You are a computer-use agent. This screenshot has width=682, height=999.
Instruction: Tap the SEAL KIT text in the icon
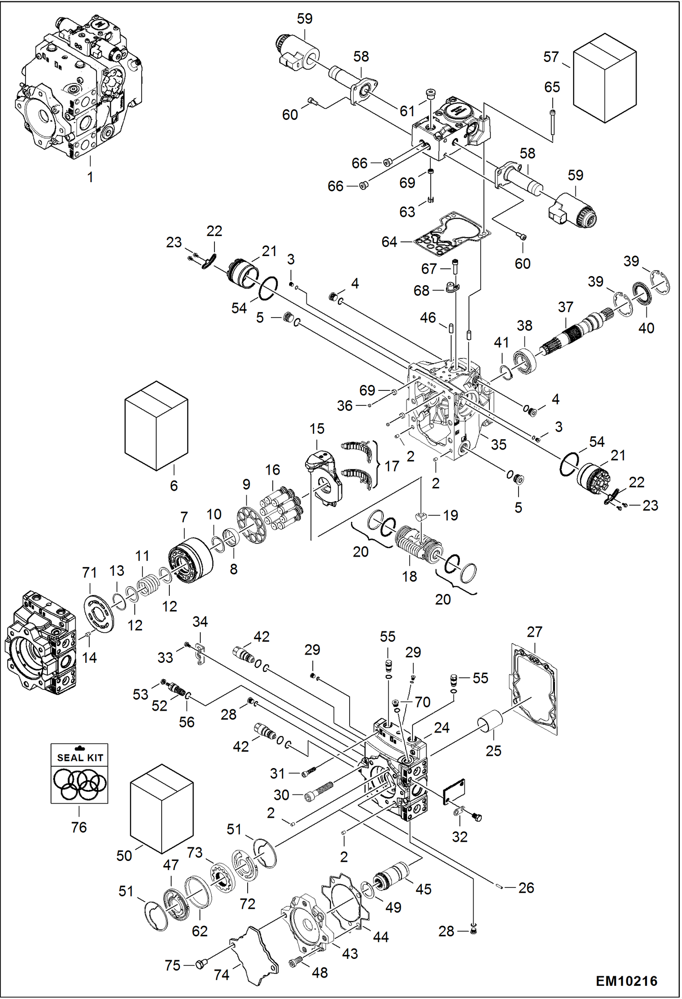coord(80,758)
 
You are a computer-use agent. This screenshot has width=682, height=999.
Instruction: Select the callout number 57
coord(550,57)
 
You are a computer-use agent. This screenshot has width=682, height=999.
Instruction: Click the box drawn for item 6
coord(156,426)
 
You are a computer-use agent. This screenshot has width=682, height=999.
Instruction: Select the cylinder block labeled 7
coord(191,561)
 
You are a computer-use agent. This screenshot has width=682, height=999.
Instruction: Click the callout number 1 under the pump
coord(90,177)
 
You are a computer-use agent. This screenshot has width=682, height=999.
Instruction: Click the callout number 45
coord(423,889)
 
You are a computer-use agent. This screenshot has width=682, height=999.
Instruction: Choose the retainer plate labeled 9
coord(251,523)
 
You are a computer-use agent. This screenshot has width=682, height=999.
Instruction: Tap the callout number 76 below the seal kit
coord(79,827)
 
